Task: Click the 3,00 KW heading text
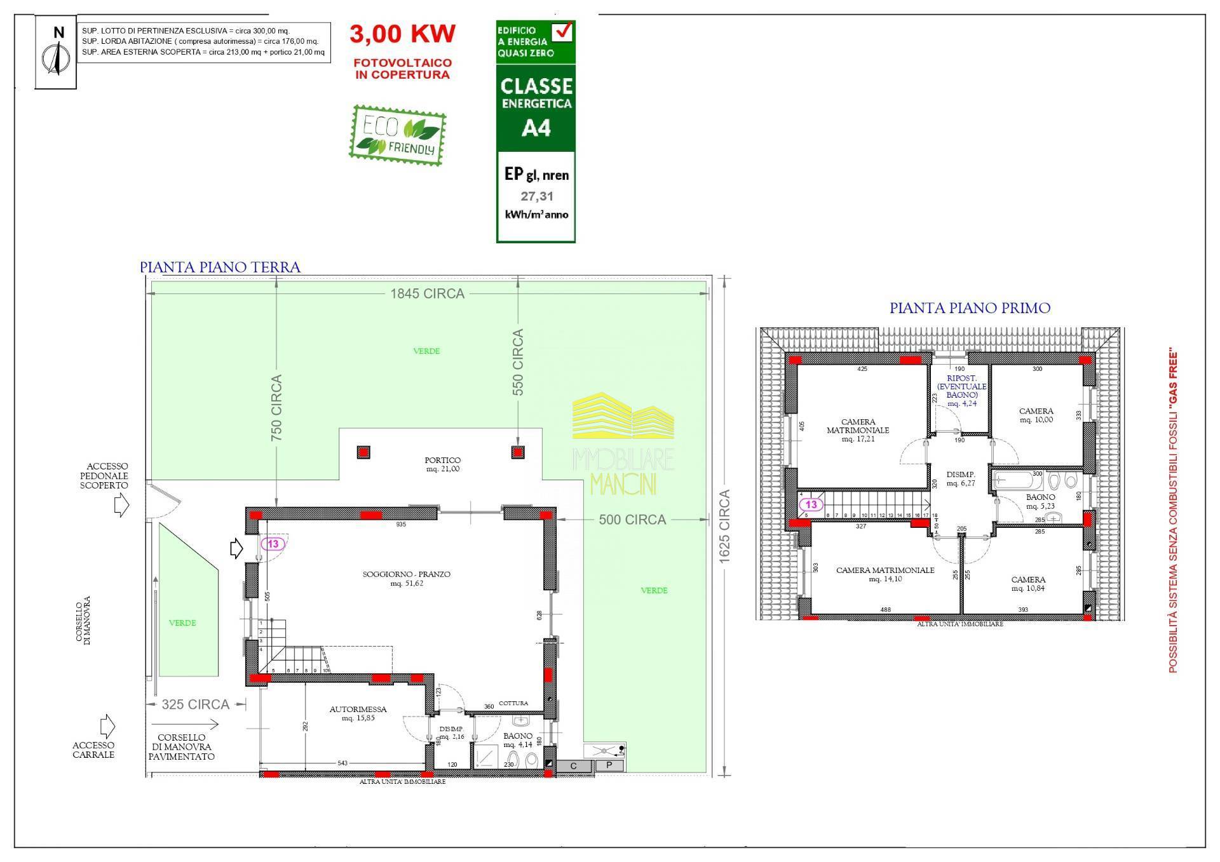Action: click(x=402, y=34)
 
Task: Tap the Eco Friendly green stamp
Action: click(x=398, y=135)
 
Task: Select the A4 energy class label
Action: click(x=536, y=128)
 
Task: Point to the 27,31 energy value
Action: click(x=537, y=197)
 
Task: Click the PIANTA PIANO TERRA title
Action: click(x=220, y=267)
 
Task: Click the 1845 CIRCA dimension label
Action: click(x=427, y=293)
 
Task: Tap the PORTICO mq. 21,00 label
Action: click(x=442, y=464)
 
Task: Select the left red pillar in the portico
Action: click(x=363, y=452)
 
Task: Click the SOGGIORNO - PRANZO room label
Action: click(x=407, y=578)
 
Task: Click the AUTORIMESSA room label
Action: click(x=358, y=713)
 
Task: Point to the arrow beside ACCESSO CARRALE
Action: click(x=107, y=725)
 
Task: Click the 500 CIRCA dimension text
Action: click(x=632, y=520)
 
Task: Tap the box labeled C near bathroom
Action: click(x=574, y=766)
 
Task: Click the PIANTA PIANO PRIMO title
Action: click(x=970, y=308)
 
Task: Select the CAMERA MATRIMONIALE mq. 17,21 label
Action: click(x=858, y=430)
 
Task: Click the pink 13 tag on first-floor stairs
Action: click(x=811, y=505)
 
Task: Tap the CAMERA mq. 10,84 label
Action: click(x=1028, y=584)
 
